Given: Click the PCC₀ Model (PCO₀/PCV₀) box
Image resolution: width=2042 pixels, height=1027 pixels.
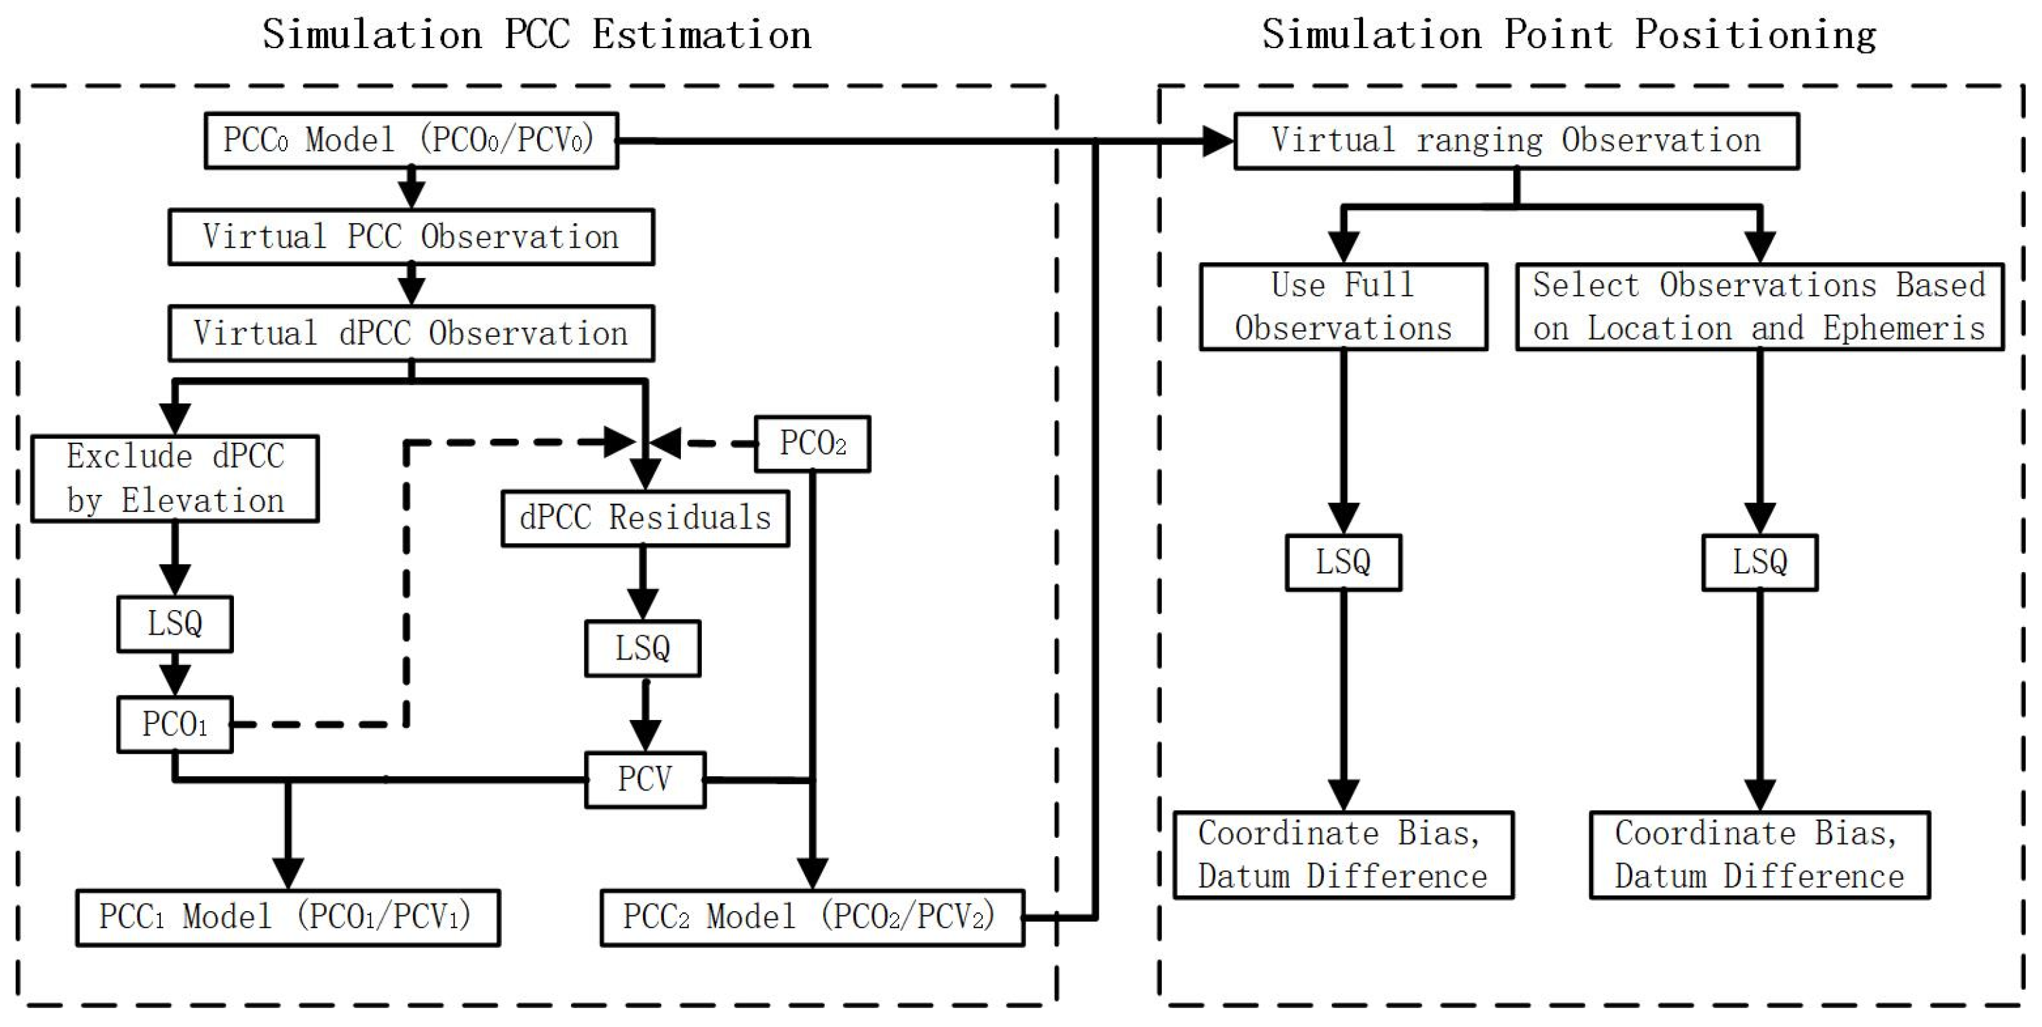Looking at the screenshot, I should point(410,140).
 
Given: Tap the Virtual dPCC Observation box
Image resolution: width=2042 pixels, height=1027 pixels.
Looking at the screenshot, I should point(410,333).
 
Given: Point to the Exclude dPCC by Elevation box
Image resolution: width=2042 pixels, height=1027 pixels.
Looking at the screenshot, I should point(175,479).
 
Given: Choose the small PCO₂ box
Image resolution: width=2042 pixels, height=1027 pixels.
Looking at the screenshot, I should point(812,444).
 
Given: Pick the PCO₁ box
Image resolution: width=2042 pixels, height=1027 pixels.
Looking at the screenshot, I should point(174,724).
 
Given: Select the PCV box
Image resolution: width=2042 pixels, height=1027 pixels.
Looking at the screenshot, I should point(644,780).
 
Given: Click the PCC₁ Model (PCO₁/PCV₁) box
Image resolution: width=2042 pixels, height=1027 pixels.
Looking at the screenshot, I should point(287,918).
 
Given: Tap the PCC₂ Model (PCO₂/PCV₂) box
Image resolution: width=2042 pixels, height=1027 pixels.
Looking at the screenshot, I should point(812,918).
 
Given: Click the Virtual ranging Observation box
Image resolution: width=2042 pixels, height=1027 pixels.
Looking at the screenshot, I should point(1516,141).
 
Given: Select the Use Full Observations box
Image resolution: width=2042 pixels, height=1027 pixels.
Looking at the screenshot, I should point(1343,306).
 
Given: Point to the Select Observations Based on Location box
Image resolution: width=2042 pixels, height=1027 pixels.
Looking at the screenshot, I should point(1759,306).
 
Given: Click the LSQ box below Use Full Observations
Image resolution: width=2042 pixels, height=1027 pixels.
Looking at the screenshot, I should point(1343,563).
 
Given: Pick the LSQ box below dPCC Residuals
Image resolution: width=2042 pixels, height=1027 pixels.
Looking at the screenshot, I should point(642,648).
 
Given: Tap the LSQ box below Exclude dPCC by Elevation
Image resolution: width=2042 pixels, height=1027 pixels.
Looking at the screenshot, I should point(174,624).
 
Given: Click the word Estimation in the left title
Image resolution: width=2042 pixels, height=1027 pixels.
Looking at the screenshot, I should point(701,35).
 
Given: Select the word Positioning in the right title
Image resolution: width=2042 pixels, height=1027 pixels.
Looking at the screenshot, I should point(1755,35).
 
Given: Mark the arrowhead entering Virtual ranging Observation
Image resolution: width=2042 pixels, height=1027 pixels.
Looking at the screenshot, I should point(1219,141).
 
